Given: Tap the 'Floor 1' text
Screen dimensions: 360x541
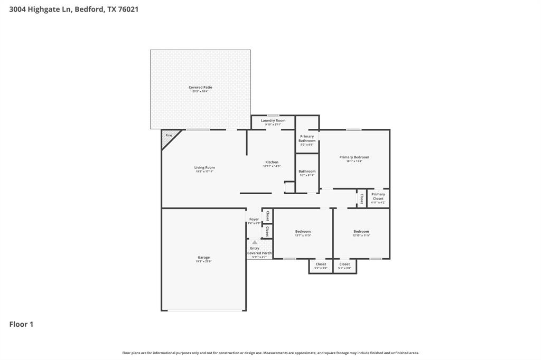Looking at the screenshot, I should point(21,324).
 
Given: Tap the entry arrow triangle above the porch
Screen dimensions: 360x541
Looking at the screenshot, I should point(255,242).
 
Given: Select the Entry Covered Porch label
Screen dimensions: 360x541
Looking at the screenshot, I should point(259,252).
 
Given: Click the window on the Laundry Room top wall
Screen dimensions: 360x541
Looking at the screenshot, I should point(273,115).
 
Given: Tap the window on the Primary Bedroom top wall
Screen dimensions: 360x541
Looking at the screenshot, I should point(354,129).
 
